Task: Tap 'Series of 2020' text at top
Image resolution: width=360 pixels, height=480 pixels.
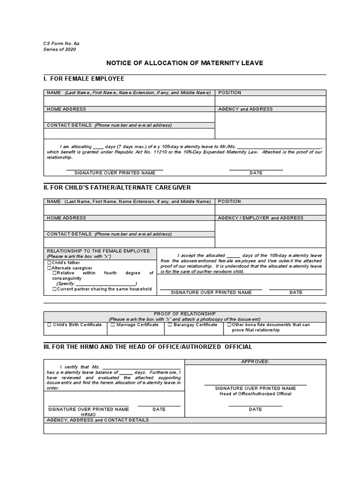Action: [x=60, y=49]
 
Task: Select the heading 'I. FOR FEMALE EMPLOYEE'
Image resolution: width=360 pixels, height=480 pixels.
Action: [x=84, y=79]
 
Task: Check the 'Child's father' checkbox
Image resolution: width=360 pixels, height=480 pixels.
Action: [x=49, y=263]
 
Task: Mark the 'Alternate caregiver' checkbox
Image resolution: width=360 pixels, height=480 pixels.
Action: [x=49, y=268]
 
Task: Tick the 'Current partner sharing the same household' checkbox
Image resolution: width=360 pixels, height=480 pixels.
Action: [x=54, y=289]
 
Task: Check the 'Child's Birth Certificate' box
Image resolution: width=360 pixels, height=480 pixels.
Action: [x=49, y=324]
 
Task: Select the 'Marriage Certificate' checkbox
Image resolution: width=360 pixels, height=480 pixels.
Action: [x=112, y=324]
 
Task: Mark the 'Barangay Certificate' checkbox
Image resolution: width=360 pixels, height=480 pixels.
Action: [x=170, y=324]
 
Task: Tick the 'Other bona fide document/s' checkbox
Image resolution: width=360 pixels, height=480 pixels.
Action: [x=229, y=324]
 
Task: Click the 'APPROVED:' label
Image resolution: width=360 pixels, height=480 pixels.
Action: [x=255, y=362]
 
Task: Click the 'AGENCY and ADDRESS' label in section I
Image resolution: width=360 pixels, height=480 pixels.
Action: [x=245, y=109]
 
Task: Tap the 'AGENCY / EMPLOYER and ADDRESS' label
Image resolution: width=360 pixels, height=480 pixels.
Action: [x=261, y=218]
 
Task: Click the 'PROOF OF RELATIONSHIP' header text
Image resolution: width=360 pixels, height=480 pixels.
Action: [x=185, y=313]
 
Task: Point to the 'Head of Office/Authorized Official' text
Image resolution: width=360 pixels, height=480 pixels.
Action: [x=255, y=394]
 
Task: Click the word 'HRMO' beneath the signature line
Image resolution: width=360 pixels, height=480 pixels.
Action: [x=88, y=415]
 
